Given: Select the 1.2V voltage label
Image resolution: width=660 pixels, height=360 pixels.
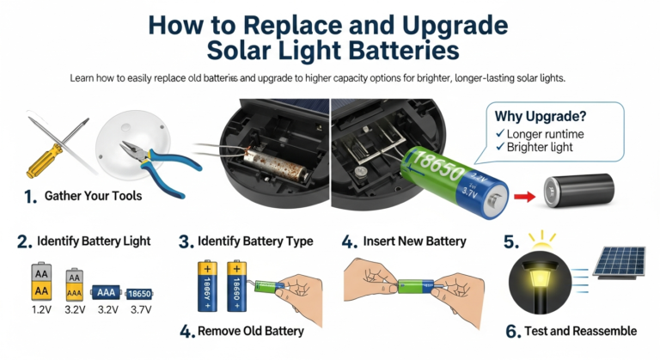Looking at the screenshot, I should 41,310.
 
